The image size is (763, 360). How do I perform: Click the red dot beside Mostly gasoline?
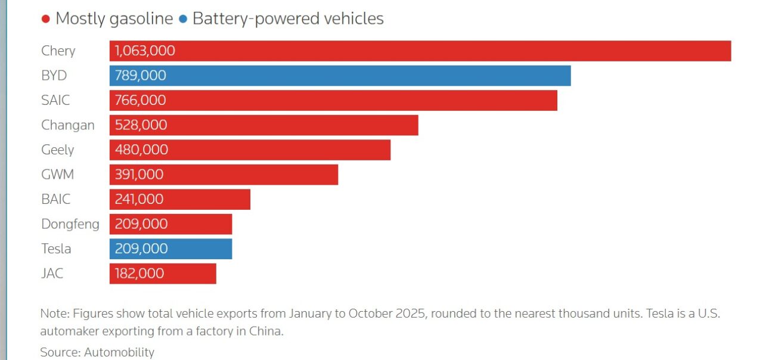point(45,20)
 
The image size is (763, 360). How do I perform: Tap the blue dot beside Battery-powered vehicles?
point(182,20)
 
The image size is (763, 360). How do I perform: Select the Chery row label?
point(58,51)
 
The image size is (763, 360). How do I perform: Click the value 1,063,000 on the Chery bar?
point(145,51)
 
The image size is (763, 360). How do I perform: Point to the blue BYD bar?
point(340,76)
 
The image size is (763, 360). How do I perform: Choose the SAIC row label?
point(55,100)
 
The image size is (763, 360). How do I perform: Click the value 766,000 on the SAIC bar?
point(141,100)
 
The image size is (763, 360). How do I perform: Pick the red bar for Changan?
point(263,125)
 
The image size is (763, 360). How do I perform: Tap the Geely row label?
point(57,150)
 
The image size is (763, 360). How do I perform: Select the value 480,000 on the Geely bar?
point(141,150)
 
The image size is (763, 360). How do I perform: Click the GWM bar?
point(224,175)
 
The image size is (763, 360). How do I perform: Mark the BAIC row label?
point(56,199)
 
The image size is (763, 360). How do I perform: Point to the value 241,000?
point(139,199)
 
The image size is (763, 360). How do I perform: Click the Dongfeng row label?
point(70,224)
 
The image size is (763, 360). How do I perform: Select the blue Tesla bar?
point(170,249)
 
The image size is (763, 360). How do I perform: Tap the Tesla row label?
point(56,249)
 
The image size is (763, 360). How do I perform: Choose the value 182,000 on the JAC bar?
point(139,274)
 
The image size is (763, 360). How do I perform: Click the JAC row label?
point(52,274)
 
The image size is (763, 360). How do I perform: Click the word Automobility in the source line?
point(119,352)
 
